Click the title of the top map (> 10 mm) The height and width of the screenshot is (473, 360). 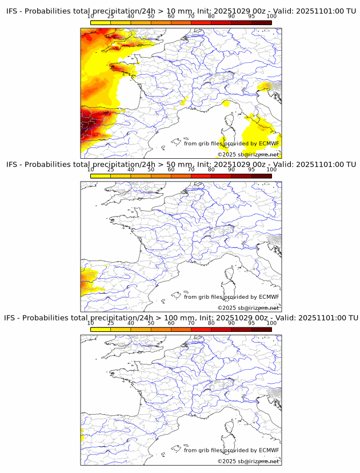click(x=181, y=11)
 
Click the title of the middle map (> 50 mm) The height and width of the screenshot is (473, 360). click(x=181, y=165)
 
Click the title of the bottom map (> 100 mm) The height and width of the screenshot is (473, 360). click(x=181, y=318)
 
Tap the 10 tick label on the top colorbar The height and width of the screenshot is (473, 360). click(x=91, y=17)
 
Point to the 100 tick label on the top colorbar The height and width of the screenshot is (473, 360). click(x=271, y=17)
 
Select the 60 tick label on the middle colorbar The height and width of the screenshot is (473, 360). click(x=171, y=170)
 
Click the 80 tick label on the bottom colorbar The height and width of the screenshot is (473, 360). click(x=211, y=323)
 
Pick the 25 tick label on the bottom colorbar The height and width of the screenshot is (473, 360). click(x=111, y=323)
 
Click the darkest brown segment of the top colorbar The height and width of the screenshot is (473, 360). click(x=261, y=22)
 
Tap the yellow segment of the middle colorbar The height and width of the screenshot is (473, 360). click(x=101, y=175)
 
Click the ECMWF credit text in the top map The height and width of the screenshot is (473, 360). click(x=231, y=143)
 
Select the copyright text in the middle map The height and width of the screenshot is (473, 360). click(x=248, y=308)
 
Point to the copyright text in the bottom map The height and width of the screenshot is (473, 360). click(x=248, y=461)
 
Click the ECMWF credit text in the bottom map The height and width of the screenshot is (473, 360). click(x=231, y=450)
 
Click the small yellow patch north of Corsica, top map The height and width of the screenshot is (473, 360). click(x=226, y=104)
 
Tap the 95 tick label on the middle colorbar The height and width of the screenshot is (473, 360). click(x=251, y=170)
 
